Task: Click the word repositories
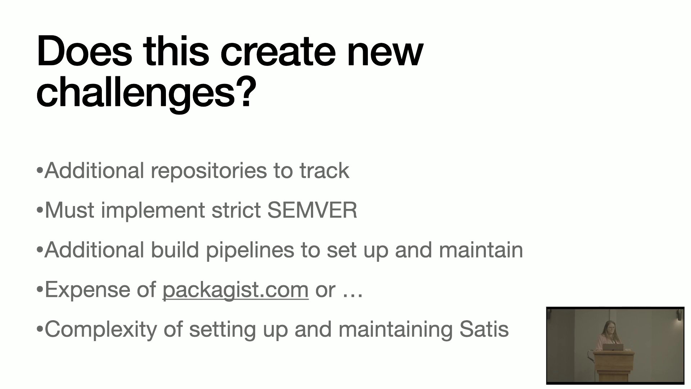point(209,171)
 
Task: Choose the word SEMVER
point(312,210)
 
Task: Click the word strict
point(236,210)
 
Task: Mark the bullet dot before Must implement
point(40,210)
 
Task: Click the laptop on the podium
point(613,347)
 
